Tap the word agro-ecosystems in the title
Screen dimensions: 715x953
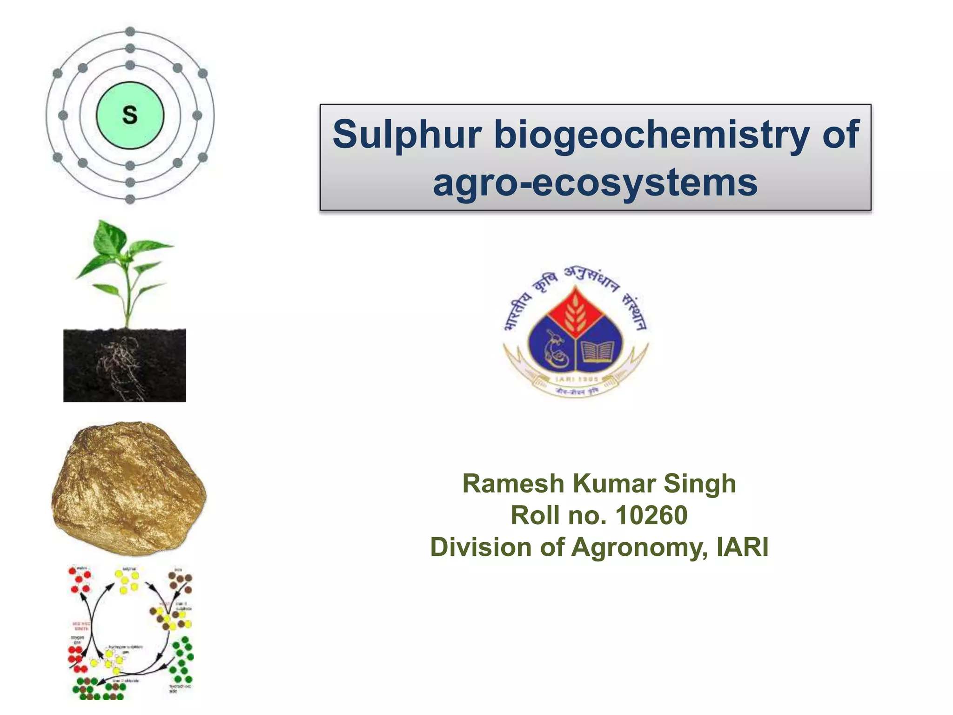[x=595, y=182]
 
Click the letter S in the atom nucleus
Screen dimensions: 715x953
[x=130, y=115]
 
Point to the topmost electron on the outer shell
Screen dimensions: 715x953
[x=130, y=32]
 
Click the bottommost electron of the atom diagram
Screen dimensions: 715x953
[x=130, y=199]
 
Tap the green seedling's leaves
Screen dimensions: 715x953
[x=123, y=261]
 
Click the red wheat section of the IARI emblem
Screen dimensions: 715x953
[x=576, y=312]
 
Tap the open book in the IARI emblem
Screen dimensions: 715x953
[x=598, y=351]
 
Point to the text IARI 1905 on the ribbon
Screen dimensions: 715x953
[x=576, y=379]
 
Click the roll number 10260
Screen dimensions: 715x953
[x=651, y=515]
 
